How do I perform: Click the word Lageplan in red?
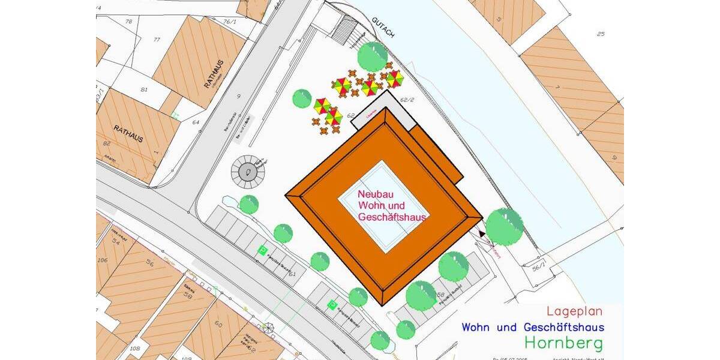click(x=574, y=311)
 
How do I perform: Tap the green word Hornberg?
click(x=563, y=343)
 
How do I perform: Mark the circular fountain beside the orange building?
click(x=247, y=172)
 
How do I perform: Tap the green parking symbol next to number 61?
click(x=262, y=250)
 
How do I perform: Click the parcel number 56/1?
click(x=538, y=268)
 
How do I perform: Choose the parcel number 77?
click(x=157, y=40)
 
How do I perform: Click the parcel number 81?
click(x=144, y=89)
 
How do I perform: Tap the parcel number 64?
click(x=196, y=122)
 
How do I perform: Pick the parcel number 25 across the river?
click(x=600, y=34)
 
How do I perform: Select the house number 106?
click(x=103, y=260)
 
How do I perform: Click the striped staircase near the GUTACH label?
click(x=346, y=29)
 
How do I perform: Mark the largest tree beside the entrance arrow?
click(x=504, y=226)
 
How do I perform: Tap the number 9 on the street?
click(x=238, y=96)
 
